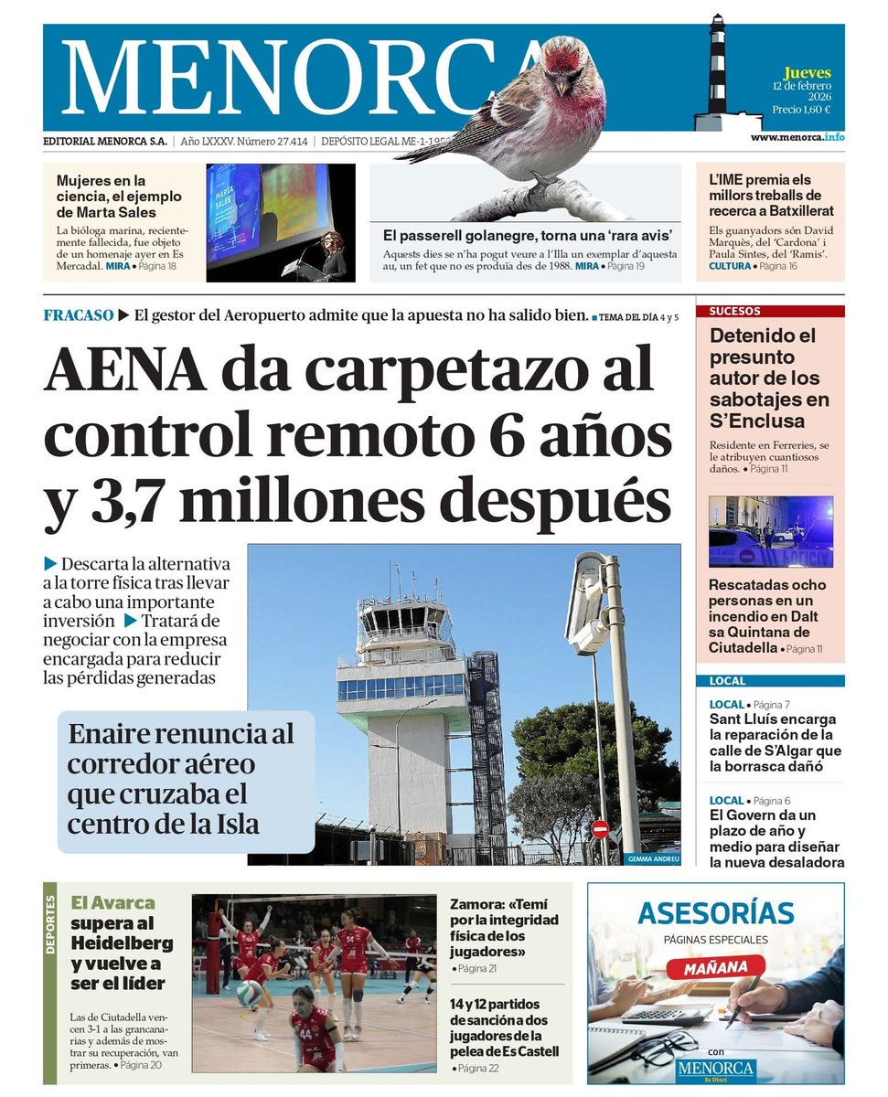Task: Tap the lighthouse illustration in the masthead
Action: pyautogui.click(x=716, y=73)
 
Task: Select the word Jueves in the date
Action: pyautogui.click(x=807, y=72)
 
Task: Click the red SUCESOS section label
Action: pyautogui.click(x=734, y=311)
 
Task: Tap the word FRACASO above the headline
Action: pyautogui.click(x=78, y=316)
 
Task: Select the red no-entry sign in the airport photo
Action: pyautogui.click(x=600, y=829)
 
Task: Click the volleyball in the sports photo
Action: pyautogui.click(x=249, y=993)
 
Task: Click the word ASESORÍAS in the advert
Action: pyautogui.click(x=715, y=913)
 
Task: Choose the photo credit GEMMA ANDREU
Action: pyautogui.click(x=654, y=859)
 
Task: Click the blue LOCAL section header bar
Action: pyautogui.click(x=769, y=681)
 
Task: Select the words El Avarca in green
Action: pyautogui.click(x=112, y=902)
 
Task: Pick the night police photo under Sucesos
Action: pyautogui.click(x=770, y=532)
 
